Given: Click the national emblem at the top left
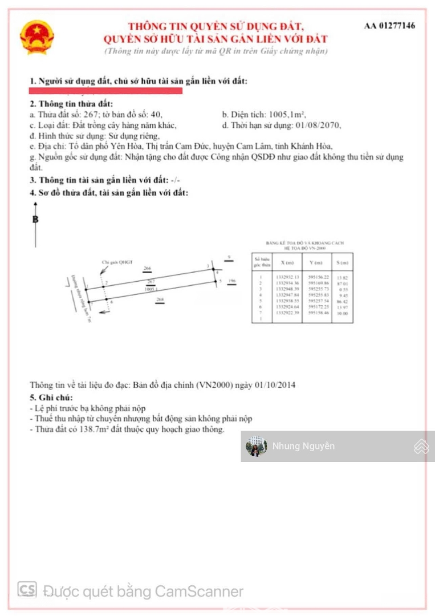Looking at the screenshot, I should click(x=37, y=37).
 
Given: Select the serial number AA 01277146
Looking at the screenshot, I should click(x=389, y=26).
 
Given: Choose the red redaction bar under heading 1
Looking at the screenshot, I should click(x=106, y=90).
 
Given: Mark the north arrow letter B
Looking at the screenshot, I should click(x=35, y=218).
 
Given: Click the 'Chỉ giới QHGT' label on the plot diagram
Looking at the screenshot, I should click(x=112, y=263).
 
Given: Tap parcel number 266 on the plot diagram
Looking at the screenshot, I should click(x=147, y=268).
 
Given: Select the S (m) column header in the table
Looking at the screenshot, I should click(x=342, y=262).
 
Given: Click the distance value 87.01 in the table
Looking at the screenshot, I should click(x=342, y=283).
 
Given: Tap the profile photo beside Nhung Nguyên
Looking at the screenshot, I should click(x=256, y=447).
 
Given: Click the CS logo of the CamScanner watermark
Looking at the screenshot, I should click(x=27, y=590).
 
